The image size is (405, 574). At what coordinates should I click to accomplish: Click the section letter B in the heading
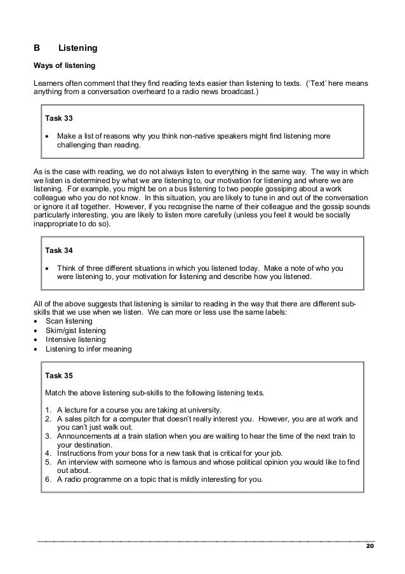[36, 48]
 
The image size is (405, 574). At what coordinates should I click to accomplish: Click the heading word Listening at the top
[77, 48]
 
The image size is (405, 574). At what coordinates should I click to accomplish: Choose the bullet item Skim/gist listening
[76, 331]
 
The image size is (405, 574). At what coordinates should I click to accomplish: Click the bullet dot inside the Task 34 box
[48, 268]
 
